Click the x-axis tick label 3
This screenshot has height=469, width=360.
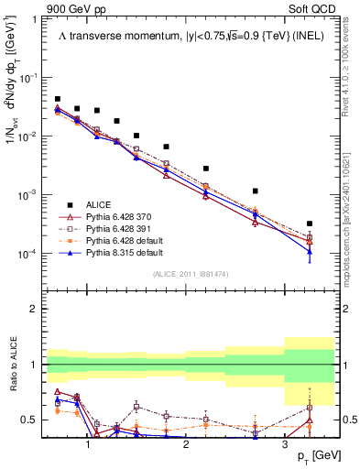[x=284, y=443]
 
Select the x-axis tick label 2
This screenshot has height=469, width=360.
[x=186, y=443]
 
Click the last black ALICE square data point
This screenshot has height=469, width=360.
[x=310, y=224]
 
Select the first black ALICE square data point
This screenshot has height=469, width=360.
[x=58, y=99]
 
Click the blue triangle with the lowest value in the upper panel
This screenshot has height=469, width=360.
[x=310, y=252]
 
